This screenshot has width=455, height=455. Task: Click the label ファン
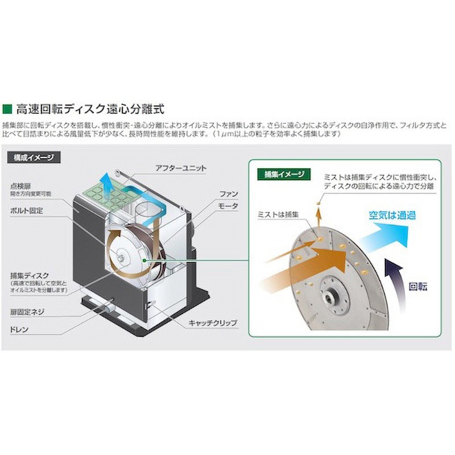tap(228, 194)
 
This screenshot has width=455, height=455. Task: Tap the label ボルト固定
tap(27, 210)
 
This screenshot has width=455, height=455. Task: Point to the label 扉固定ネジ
tap(27, 312)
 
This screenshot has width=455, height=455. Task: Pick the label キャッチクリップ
tap(212, 323)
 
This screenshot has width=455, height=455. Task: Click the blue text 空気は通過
tap(392, 215)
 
